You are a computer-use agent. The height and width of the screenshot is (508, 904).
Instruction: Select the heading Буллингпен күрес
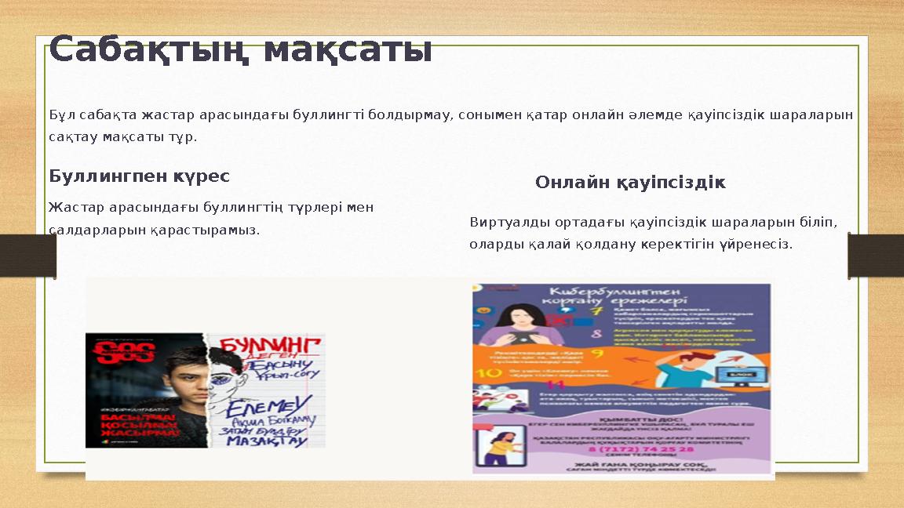click(139, 176)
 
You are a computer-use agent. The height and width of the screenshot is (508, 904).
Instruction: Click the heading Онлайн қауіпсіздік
click(630, 183)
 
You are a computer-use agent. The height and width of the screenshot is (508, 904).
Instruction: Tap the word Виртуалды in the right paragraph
click(505, 222)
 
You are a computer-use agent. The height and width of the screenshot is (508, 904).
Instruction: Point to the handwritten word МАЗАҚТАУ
click(266, 441)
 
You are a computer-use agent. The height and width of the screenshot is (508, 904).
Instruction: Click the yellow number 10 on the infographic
click(494, 372)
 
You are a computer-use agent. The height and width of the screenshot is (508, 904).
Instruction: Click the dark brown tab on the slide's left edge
click(27, 256)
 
